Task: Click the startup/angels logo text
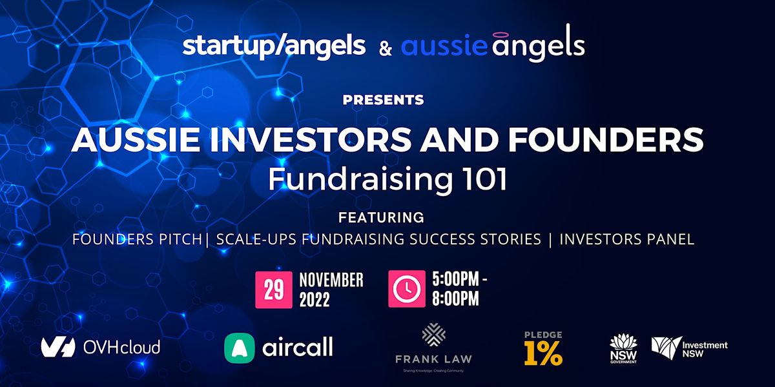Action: [274, 46]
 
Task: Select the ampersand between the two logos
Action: [385, 48]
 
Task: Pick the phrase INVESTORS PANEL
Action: [626, 239]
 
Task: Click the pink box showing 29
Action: [274, 288]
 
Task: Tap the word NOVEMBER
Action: [331, 280]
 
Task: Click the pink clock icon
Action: [407, 288]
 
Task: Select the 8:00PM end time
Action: [455, 299]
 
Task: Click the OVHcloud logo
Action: [101, 347]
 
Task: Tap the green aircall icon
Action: [239, 348]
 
